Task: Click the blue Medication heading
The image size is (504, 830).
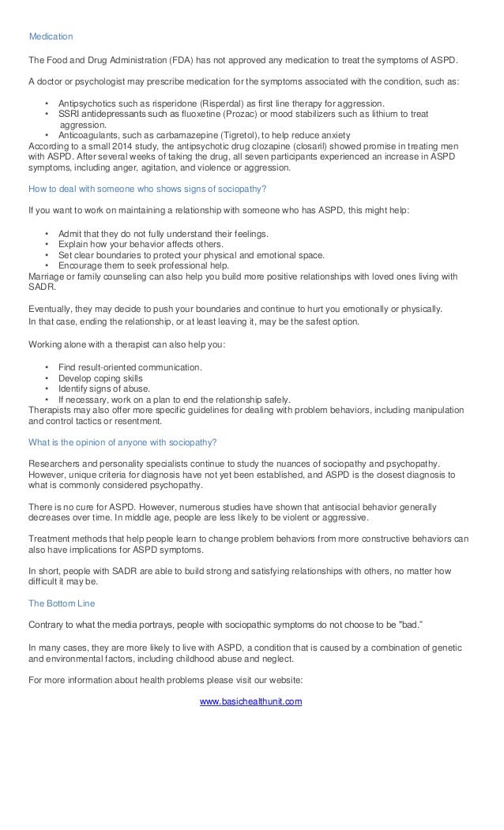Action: click(51, 37)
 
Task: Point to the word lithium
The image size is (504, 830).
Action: click(391, 114)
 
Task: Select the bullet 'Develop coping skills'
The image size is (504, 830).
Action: click(100, 378)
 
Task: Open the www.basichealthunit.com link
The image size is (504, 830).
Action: click(250, 700)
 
